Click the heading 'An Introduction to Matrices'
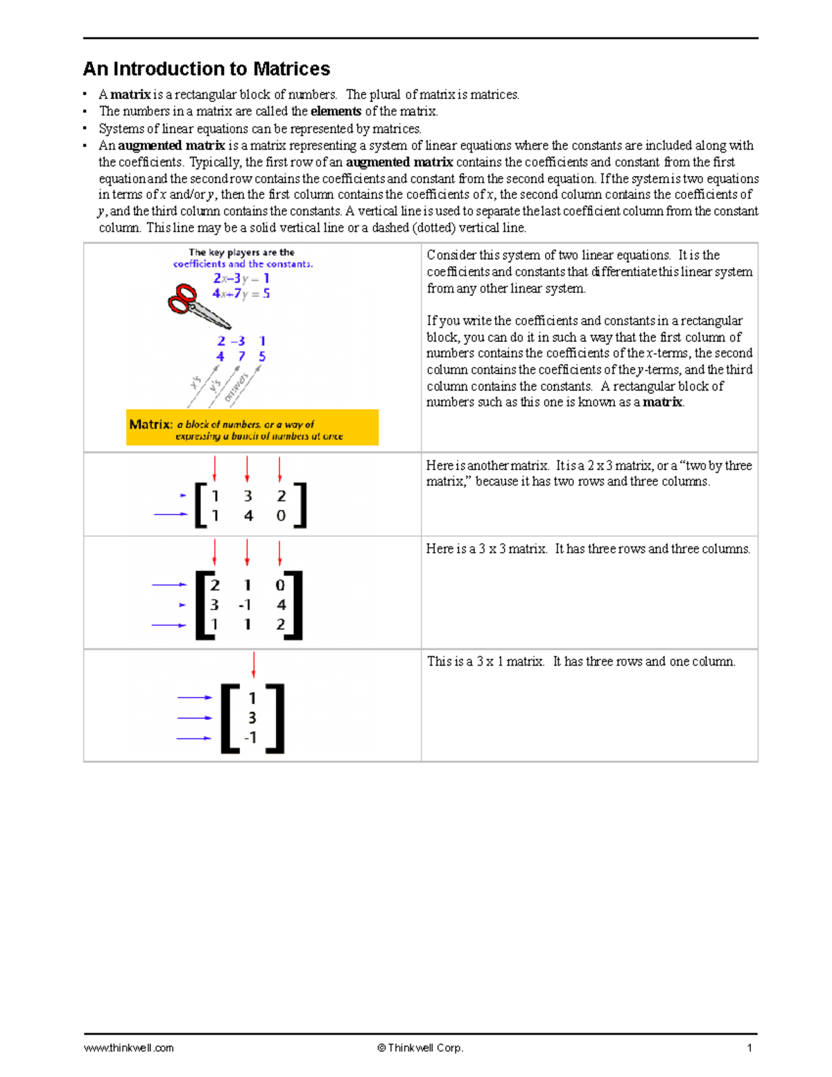click(x=207, y=69)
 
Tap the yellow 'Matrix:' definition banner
click(x=252, y=427)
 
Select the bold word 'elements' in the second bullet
click(x=336, y=111)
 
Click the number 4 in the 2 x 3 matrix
click(x=248, y=516)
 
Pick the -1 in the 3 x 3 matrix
click(x=245, y=605)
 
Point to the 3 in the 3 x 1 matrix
click(x=252, y=718)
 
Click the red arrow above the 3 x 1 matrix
click(x=254, y=664)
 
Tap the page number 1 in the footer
click(x=749, y=1048)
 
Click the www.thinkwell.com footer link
click(x=129, y=1048)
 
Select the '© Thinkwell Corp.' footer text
click(x=420, y=1048)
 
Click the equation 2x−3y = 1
click(x=241, y=279)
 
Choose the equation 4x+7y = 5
click(x=241, y=294)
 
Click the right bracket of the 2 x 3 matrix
click(x=301, y=506)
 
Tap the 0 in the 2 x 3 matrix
click(x=281, y=516)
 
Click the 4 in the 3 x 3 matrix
click(x=281, y=605)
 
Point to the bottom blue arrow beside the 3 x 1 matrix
click(x=194, y=738)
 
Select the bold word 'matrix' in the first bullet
click(x=130, y=94)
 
